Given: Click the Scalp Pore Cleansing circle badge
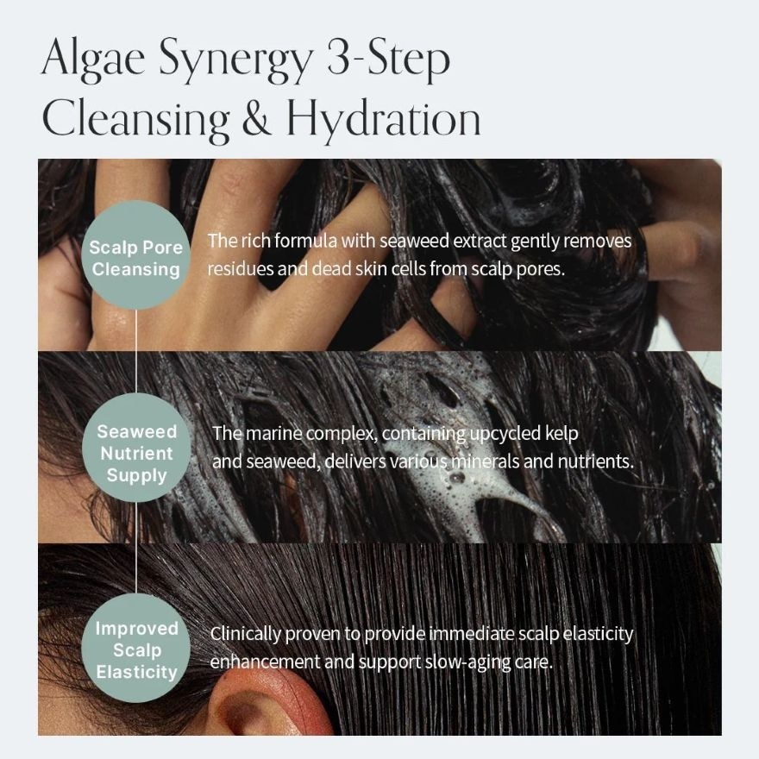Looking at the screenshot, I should (136, 257).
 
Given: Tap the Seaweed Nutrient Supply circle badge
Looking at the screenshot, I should (136, 452).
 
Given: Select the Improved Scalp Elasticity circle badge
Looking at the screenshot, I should (136, 649).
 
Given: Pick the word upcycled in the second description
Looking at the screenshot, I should (499, 433).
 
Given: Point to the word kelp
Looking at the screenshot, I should (560, 433).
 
